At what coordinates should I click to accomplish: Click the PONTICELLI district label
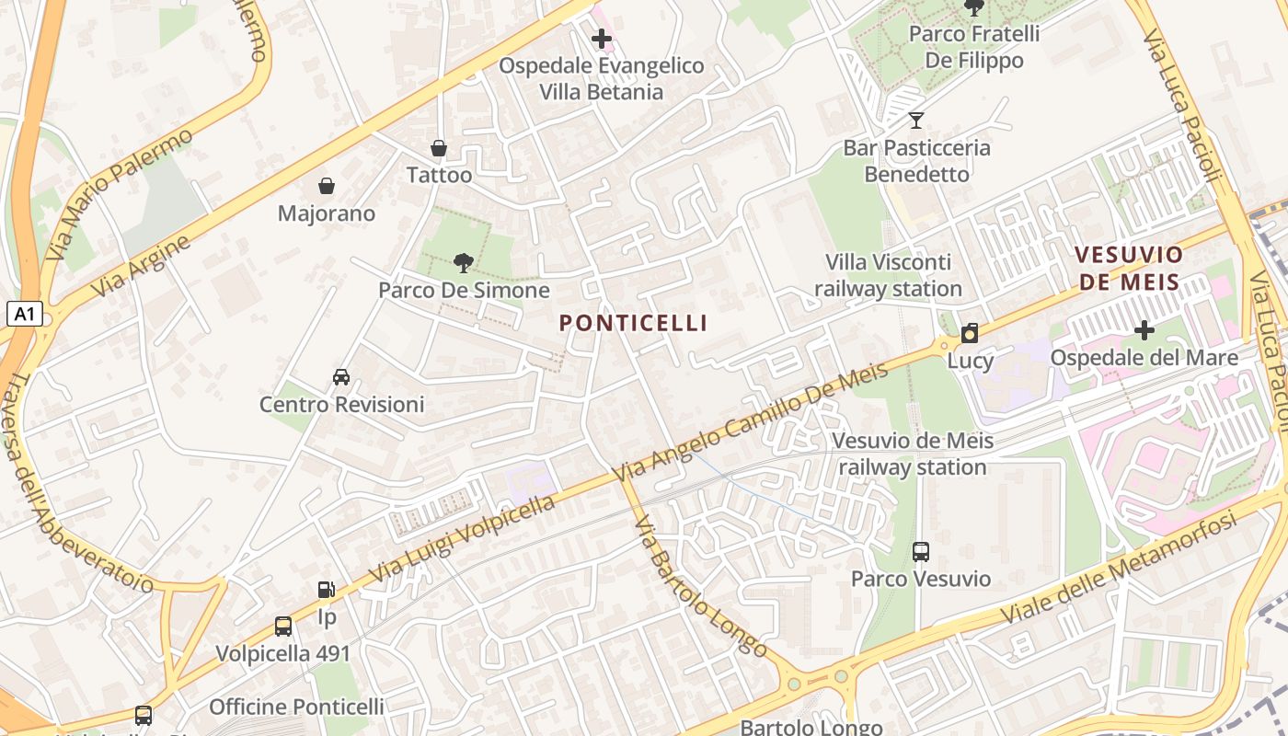point(633,323)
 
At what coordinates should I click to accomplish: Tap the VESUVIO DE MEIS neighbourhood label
point(1129,268)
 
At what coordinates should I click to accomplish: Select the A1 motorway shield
point(25,315)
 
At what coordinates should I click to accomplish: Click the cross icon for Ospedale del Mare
point(1144,329)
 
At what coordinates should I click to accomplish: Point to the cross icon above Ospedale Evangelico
point(602,39)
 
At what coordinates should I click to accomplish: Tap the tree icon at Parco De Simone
point(464,264)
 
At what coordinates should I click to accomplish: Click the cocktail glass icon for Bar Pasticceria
point(915,121)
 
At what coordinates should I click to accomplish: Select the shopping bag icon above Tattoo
point(439,148)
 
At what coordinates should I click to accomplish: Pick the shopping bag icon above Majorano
point(327,187)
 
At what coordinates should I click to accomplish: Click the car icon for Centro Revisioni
point(341,377)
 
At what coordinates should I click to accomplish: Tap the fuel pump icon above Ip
point(327,590)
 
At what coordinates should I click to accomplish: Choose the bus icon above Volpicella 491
point(283,627)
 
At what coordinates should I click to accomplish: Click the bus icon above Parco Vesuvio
point(921,552)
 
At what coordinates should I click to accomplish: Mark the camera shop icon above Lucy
point(970,333)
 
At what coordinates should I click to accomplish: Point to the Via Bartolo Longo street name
point(701,587)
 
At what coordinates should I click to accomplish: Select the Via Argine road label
point(141,267)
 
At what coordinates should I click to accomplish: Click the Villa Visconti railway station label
point(888,276)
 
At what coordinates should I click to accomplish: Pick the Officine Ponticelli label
point(296,707)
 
